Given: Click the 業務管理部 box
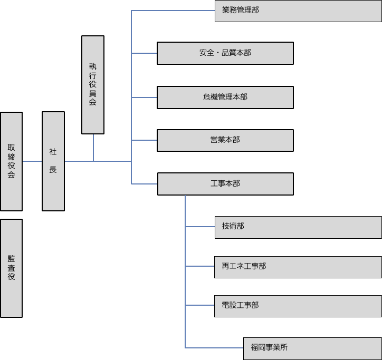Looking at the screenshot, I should pos(298,11).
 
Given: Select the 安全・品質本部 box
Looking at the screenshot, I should pos(225,53).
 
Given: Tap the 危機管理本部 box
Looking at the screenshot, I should pos(225,98).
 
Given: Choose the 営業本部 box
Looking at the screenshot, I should pos(225,140).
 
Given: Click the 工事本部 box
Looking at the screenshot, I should pos(225,184).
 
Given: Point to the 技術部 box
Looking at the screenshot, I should pos(298,227).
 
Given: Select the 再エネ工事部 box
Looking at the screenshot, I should pos(298,267).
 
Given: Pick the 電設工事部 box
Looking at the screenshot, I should pos(298,306).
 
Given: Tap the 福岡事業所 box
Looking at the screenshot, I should pos(312,348).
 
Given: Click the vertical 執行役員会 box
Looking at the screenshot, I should pos(93,84).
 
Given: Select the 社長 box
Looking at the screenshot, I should pos(53,161).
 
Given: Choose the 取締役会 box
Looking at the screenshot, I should pos(12,161).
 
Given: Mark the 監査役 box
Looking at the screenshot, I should pos(12,268).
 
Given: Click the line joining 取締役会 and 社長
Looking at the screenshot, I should pos(32,161).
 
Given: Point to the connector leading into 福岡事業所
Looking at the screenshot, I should pos(214,348).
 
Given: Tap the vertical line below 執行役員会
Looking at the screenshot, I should pos(93,148).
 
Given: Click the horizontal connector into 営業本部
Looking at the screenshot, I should pos(144,140).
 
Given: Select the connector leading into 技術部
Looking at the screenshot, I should pos(200,227).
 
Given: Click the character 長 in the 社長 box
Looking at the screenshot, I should pos(53,170).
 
